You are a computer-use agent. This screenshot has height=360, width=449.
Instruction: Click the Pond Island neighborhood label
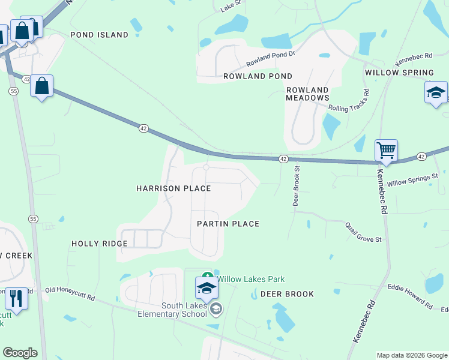click(x=99, y=35)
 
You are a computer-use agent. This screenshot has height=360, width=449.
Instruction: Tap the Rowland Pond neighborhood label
click(x=258, y=76)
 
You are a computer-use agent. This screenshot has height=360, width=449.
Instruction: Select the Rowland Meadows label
click(x=307, y=93)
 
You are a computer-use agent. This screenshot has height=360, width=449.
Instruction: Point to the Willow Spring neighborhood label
click(x=399, y=73)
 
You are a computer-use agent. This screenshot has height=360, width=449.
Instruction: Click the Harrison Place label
click(x=173, y=188)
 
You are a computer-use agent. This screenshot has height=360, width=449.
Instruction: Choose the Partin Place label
click(x=228, y=224)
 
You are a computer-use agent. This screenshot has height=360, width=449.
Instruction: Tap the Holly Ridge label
click(x=100, y=244)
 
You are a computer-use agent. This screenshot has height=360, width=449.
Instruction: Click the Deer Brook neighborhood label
click(x=287, y=294)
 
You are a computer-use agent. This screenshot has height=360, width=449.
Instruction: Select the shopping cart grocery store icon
click(x=386, y=150)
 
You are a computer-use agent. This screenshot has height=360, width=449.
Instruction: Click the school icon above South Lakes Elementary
click(x=206, y=288)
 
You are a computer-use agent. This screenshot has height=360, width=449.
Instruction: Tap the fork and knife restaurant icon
click(x=16, y=298)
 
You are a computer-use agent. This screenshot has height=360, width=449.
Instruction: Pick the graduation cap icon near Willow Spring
click(x=436, y=92)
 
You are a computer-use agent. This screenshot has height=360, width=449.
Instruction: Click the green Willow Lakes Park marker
click(x=208, y=278)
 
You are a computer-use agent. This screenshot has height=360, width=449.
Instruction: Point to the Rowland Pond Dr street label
click(x=271, y=59)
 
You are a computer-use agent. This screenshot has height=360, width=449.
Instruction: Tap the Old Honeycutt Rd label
click(x=70, y=293)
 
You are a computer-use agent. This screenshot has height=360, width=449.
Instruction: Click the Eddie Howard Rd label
click(x=410, y=296)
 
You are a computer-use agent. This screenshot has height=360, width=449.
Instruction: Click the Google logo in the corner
click(x=20, y=353)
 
